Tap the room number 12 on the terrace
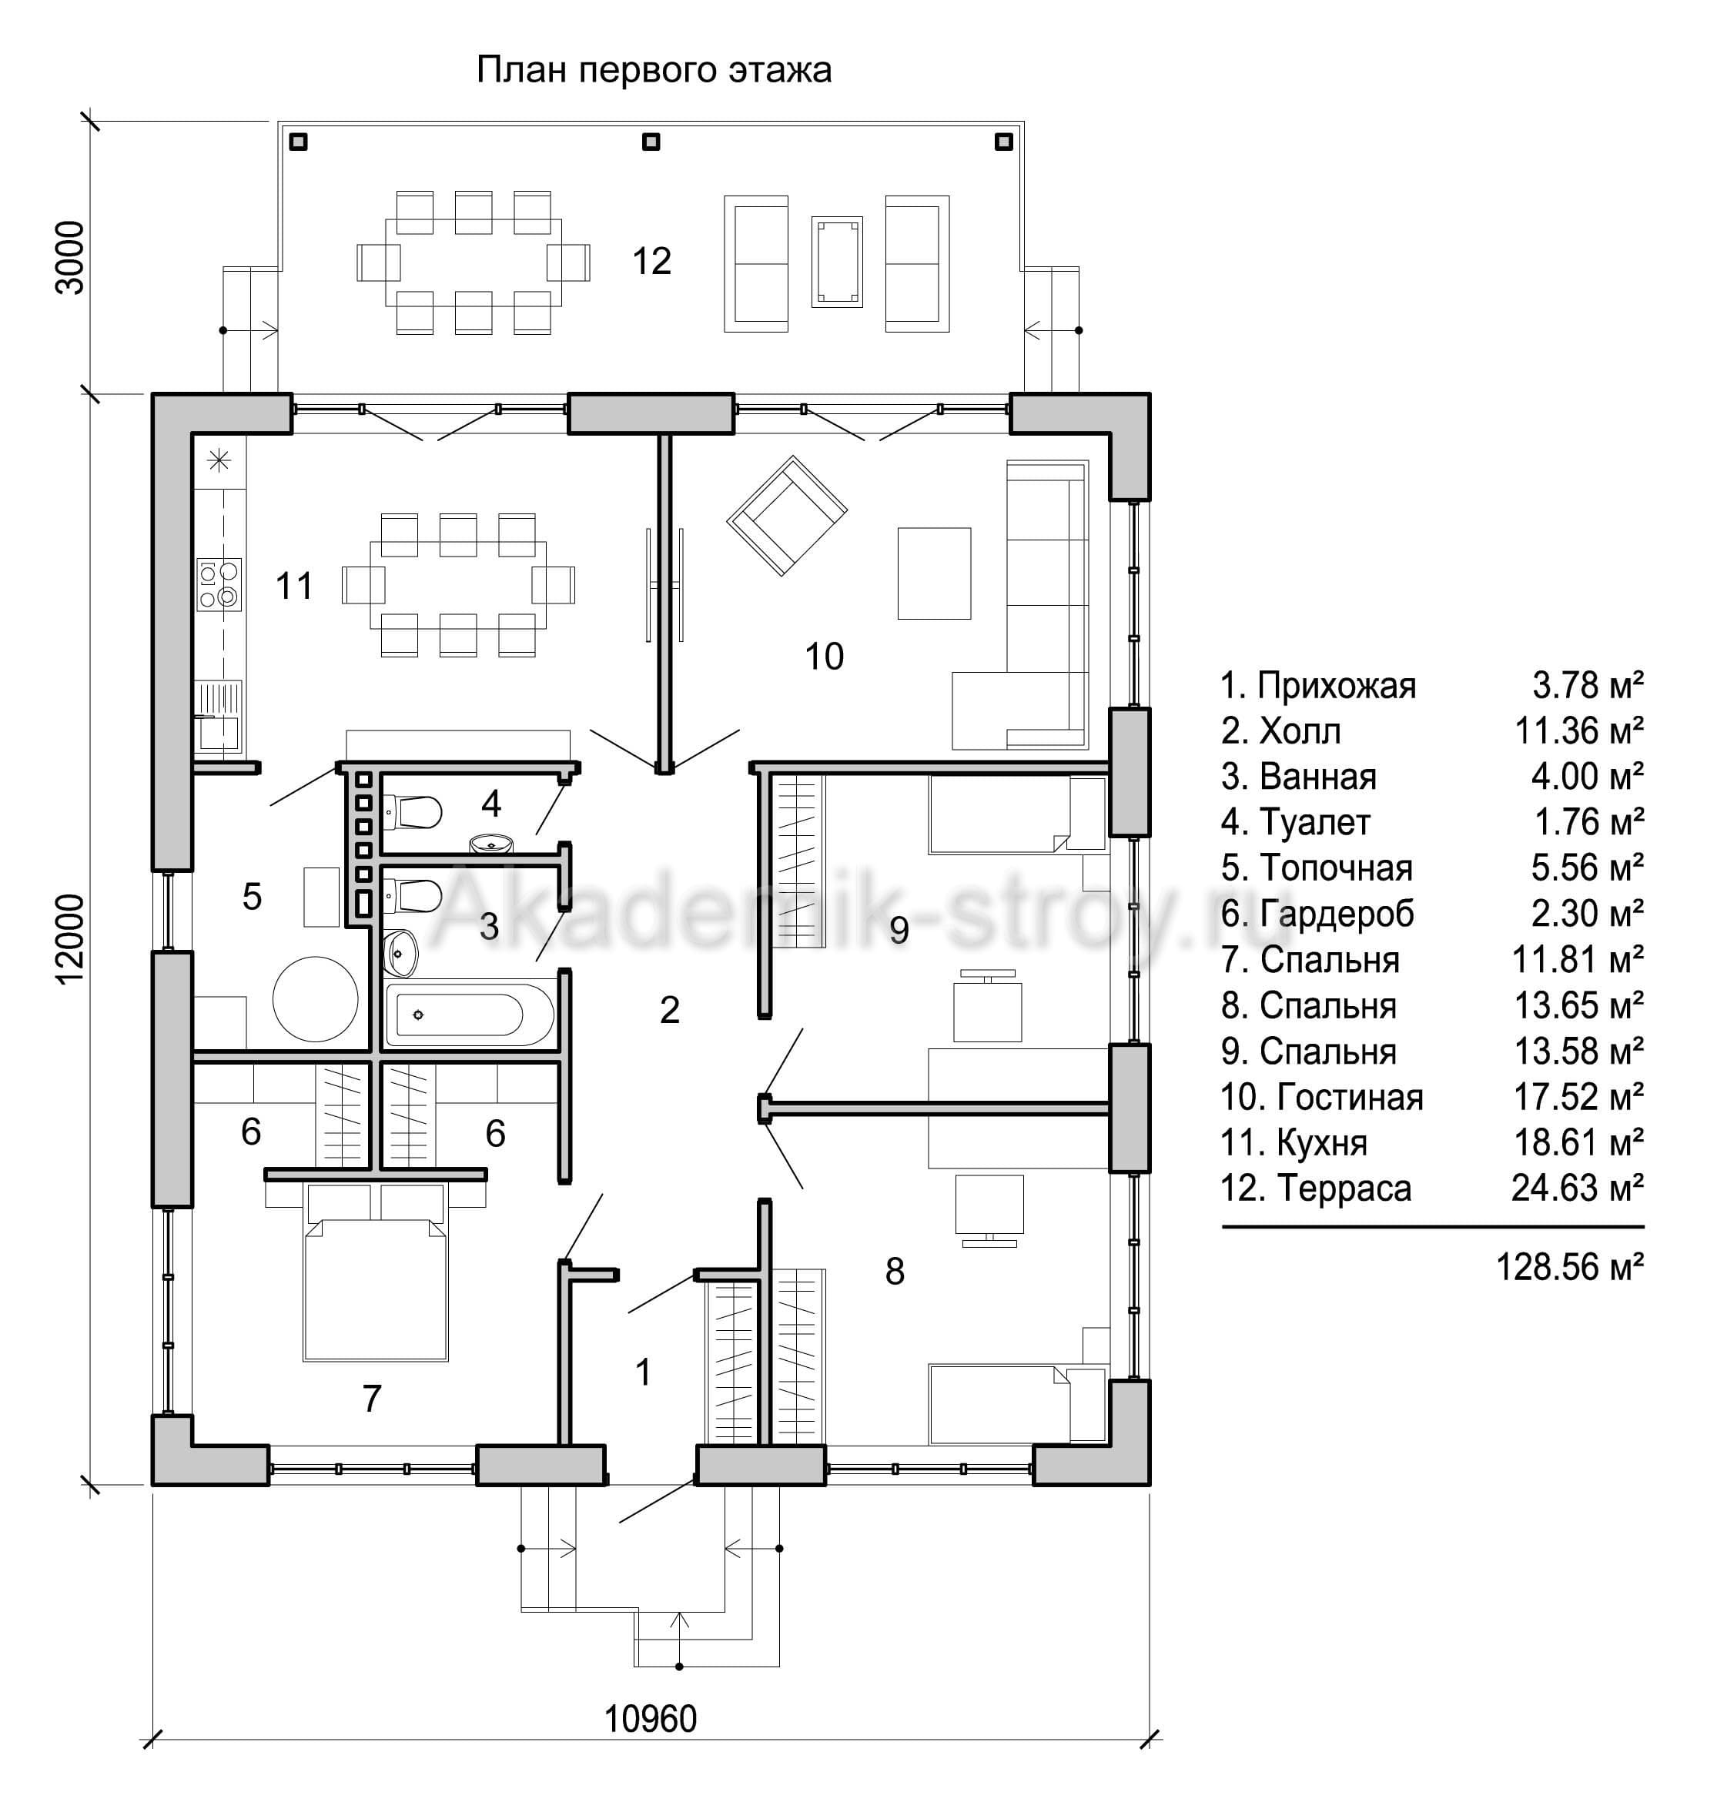(651, 262)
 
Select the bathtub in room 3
(470, 1014)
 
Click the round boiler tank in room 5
(316, 999)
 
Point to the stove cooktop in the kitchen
(219, 585)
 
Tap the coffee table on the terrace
(836, 262)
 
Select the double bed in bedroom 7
(375, 1272)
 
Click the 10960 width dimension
(651, 1720)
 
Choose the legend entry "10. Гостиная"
(1321, 1097)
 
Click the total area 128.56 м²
(1570, 1268)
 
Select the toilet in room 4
(413, 811)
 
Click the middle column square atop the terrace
(651, 142)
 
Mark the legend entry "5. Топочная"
(1317, 868)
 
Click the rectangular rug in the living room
(933, 573)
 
